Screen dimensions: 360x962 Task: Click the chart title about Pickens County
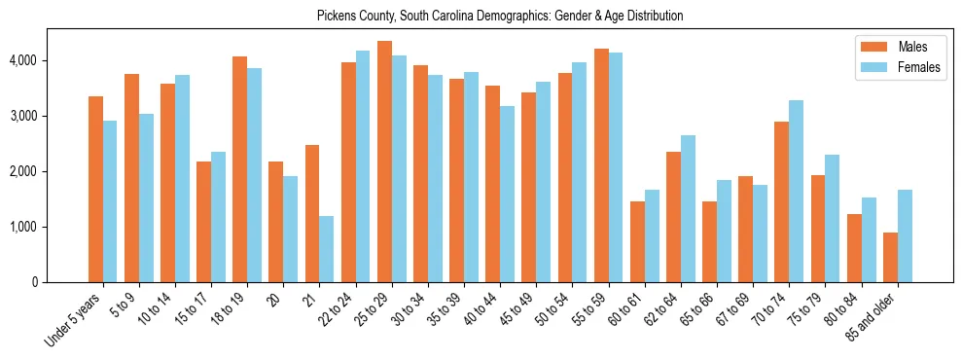click(x=500, y=16)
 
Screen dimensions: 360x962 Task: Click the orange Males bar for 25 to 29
click(x=384, y=162)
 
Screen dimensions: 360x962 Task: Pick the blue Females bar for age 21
click(x=327, y=249)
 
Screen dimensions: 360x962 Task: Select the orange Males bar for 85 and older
click(x=890, y=257)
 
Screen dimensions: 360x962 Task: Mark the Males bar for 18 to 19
click(x=239, y=169)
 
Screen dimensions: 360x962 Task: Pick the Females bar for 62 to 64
click(x=688, y=208)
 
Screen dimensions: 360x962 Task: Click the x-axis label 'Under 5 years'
click(x=74, y=321)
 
